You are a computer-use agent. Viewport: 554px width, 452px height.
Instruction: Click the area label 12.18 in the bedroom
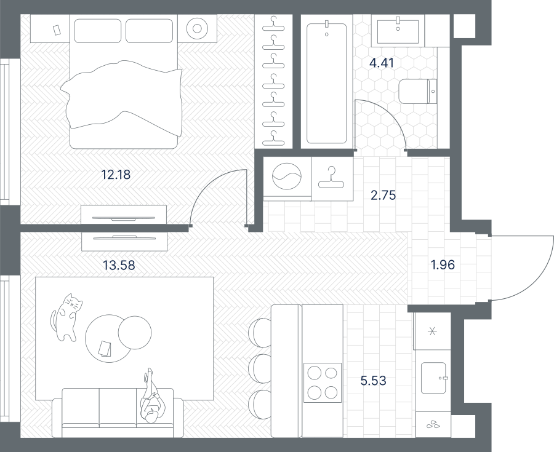pyautogui.click(x=116, y=174)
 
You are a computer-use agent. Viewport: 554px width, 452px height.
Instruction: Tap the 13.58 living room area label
pyautogui.click(x=119, y=265)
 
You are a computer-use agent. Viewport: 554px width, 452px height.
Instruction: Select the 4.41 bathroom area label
pyautogui.click(x=381, y=63)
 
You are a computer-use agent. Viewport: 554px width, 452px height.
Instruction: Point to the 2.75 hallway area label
pyautogui.click(x=383, y=195)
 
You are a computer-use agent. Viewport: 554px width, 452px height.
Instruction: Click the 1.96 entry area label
pyautogui.click(x=443, y=264)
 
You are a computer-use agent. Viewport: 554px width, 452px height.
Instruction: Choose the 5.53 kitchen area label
pyautogui.click(x=374, y=381)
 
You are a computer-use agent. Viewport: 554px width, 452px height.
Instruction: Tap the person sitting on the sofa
pyautogui.click(x=151, y=396)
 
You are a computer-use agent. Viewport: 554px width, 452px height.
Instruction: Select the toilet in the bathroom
pyautogui.click(x=418, y=92)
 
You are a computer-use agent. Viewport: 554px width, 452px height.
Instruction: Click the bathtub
pyautogui.click(x=326, y=83)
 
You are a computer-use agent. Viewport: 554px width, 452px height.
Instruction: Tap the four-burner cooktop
pyautogui.click(x=323, y=383)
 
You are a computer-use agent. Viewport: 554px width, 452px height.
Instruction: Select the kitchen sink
pyautogui.click(x=433, y=378)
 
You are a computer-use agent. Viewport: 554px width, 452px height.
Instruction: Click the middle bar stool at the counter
pyautogui.click(x=260, y=368)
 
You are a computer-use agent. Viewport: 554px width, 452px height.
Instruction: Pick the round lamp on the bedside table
pyautogui.click(x=197, y=28)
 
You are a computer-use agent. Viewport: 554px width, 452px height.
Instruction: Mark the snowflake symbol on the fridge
pyautogui.click(x=432, y=331)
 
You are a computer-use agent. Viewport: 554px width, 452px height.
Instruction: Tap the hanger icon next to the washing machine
pyautogui.click(x=331, y=178)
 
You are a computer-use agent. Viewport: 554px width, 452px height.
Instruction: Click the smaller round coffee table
pyautogui.click(x=135, y=332)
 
